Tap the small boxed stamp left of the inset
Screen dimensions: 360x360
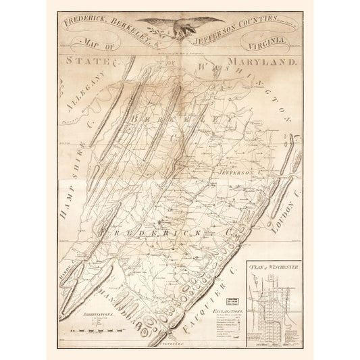pyautogui.click(x=230, y=282)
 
